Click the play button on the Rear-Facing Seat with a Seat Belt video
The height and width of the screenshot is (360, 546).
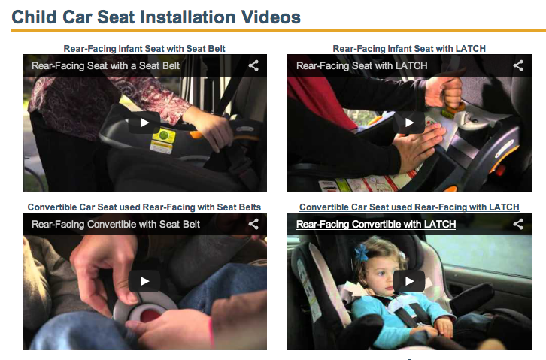(x=144, y=123)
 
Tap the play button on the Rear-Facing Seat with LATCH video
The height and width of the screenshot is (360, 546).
(x=409, y=123)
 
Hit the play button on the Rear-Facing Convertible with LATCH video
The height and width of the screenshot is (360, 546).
(x=409, y=281)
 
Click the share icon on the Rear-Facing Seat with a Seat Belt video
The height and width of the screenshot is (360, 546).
(x=253, y=65)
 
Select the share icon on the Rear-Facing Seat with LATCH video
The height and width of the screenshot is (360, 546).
(x=518, y=65)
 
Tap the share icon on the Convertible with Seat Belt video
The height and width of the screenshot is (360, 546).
(x=253, y=224)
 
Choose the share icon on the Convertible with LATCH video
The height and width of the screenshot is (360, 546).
(x=518, y=224)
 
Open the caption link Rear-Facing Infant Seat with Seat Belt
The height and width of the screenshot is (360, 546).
(x=144, y=49)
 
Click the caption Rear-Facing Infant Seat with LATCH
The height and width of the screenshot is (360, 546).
(x=409, y=49)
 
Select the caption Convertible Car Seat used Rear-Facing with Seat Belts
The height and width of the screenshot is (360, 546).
(x=144, y=207)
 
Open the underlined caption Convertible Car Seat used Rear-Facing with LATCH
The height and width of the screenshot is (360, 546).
(x=409, y=207)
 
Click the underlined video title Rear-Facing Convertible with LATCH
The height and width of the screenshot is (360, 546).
(x=376, y=225)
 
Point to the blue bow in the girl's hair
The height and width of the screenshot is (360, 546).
(x=362, y=253)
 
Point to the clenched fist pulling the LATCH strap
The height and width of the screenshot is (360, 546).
(x=443, y=91)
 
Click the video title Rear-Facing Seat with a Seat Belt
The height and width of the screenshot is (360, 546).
(x=105, y=65)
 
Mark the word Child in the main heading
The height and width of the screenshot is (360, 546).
(x=34, y=17)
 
